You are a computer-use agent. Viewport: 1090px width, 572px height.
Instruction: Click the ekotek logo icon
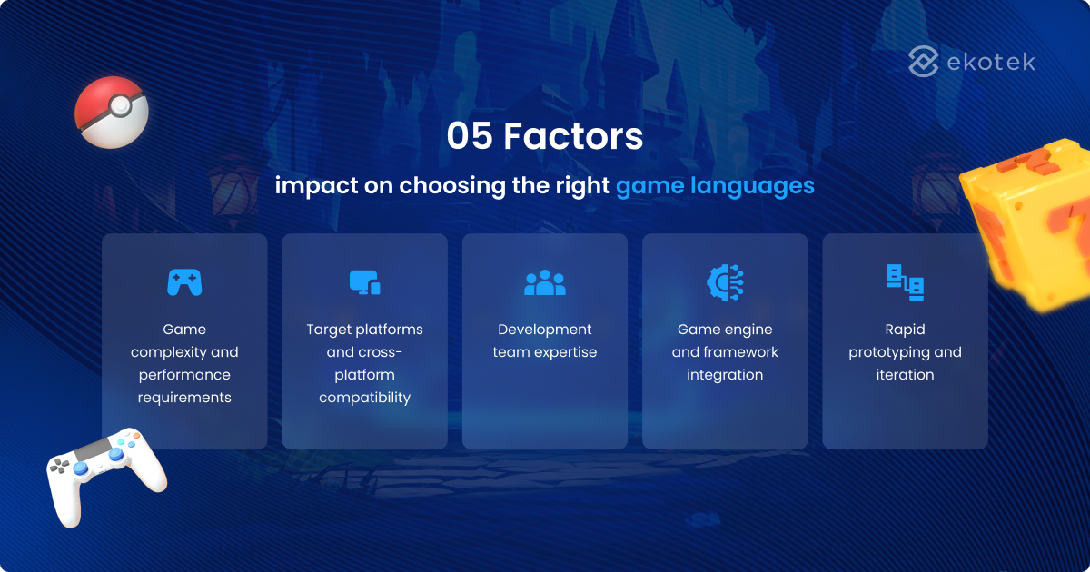click(924, 62)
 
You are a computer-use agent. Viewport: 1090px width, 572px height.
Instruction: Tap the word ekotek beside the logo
click(990, 62)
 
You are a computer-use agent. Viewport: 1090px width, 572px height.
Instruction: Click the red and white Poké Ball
click(111, 113)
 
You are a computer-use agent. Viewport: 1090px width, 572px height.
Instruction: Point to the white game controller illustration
click(104, 473)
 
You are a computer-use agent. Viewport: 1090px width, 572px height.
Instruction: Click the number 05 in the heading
click(470, 137)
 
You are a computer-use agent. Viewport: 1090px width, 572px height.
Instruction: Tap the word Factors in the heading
click(573, 137)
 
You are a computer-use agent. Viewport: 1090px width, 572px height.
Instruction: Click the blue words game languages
click(715, 186)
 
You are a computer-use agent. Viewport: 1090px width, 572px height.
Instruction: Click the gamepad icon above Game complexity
click(184, 282)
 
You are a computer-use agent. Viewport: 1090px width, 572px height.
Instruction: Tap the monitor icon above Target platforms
click(364, 282)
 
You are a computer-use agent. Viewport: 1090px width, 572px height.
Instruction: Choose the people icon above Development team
click(545, 283)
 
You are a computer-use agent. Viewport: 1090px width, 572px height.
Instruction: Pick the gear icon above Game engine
click(725, 281)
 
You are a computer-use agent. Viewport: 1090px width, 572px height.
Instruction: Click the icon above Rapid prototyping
click(905, 282)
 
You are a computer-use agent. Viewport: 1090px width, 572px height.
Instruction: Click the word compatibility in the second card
click(364, 398)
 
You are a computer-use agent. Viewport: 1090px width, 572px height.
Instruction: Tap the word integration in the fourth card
click(725, 375)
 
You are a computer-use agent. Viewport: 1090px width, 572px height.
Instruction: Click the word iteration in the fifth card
click(905, 375)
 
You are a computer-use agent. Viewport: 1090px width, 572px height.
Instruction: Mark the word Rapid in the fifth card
click(905, 330)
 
